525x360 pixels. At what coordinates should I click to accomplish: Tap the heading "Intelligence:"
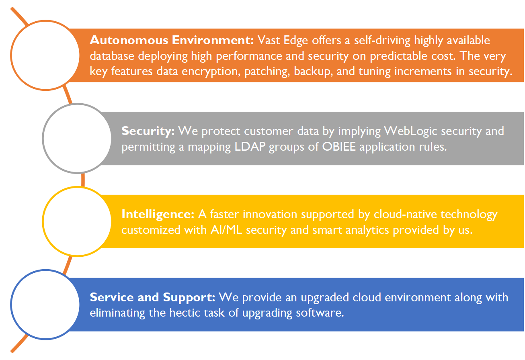click(158, 214)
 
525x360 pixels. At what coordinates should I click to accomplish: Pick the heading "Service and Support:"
click(153, 297)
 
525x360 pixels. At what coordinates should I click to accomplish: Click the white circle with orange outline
click(45, 55)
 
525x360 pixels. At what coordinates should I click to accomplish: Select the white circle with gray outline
click(76, 139)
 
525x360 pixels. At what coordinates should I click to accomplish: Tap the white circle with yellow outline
click(76, 222)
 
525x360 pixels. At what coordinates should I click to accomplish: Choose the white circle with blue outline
click(45, 305)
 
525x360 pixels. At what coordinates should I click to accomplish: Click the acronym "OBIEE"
click(338, 147)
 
